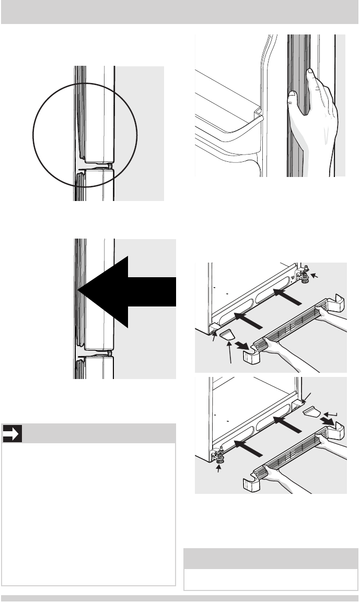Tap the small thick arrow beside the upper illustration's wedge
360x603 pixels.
(241, 345)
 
